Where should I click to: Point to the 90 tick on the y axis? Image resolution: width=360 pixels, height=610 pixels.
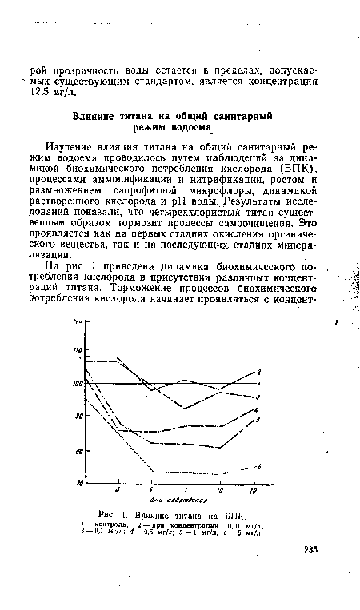pyautogui.click(x=78, y=417)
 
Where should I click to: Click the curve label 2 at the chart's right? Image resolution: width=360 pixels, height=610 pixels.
pyautogui.click(x=259, y=372)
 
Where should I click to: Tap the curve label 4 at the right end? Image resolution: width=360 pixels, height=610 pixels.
pyautogui.click(x=255, y=409)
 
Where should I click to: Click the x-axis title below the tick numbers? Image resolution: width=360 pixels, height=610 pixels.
pyautogui.click(x=168, y=500)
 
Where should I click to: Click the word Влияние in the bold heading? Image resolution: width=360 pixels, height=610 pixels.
pyautogui.click(x=99, y=116)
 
